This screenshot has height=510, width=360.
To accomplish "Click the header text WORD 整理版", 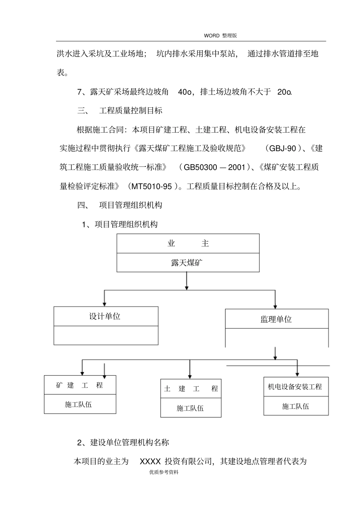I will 220,36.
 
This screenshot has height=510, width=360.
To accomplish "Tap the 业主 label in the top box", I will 188,243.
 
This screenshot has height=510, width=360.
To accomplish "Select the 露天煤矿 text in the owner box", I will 187,263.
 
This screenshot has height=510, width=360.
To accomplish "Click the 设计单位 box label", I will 105,316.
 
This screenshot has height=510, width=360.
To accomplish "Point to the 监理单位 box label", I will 276,319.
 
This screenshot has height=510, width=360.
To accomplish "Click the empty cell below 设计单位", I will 106,336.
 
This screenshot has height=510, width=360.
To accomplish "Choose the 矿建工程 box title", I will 80,385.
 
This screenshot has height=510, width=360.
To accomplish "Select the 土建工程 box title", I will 191,389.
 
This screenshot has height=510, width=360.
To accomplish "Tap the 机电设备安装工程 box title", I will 295,387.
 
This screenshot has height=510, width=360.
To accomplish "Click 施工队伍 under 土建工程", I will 190,408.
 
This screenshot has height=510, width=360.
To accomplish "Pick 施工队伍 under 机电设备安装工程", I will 296,406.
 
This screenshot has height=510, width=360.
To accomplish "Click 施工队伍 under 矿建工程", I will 78,405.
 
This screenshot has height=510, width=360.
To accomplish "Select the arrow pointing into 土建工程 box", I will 189,375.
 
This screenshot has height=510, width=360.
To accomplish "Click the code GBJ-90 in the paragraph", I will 282,148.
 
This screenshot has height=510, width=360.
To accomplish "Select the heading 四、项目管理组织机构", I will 120,205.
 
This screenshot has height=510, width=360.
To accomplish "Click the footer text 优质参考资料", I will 164,472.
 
